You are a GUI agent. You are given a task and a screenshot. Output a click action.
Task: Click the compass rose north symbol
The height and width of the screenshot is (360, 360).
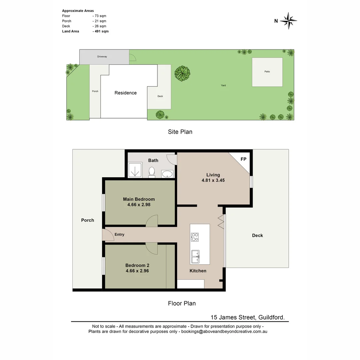pos(288,21)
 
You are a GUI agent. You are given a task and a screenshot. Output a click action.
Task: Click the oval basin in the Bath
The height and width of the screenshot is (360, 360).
pos(167,174)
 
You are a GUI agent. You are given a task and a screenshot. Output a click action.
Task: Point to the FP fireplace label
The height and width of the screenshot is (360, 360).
pos(243,159)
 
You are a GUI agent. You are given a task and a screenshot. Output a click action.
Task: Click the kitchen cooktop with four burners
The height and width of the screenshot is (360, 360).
pos(195,237)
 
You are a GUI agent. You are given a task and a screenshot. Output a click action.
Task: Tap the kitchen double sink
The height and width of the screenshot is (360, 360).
pos(195,256)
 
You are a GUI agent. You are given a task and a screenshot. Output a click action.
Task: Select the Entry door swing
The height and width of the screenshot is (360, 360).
pos(107,235)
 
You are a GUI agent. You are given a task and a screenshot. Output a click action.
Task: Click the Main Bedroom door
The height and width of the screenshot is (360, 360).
pos(152,221)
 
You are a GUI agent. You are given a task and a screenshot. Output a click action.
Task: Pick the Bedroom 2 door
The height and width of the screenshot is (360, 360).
pos(152,248)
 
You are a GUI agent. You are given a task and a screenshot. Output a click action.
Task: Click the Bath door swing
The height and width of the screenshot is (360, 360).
pos(171,159)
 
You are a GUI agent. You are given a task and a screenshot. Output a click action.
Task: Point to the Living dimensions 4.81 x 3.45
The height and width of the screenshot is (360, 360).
pos(213,180)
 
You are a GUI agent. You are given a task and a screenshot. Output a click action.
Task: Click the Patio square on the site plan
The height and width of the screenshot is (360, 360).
pos(267,72)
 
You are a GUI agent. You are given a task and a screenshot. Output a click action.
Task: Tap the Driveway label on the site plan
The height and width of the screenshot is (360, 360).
pos(102,57)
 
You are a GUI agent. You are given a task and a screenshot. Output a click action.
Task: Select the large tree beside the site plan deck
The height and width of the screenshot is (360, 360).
pos(182,73)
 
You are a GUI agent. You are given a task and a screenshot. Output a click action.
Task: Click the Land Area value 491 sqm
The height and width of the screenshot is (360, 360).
pos(101,31)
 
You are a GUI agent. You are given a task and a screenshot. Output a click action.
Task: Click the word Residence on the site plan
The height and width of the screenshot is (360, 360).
pos(125,93)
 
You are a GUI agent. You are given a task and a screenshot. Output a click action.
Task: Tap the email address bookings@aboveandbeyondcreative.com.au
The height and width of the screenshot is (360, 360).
pos(224,332)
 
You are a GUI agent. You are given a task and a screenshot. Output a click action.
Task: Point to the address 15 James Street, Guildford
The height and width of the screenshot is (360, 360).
pos(247,318)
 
